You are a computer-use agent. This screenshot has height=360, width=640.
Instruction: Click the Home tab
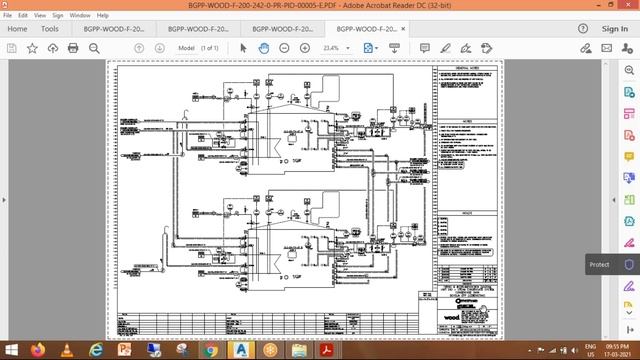click(x=17, y=29)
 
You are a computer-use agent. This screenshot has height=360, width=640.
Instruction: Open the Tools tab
click(x=50, y=29)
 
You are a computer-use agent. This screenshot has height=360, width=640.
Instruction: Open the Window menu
click(x=81, y=16)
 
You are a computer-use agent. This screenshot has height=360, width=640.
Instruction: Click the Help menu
click(x=103, y=16)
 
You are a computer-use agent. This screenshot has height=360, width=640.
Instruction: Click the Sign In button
click(x=615, y=29)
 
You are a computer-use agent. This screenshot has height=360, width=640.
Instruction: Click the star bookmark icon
click(x=32, y=48)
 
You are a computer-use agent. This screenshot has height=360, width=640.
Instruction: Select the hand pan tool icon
click(x=263, y=48)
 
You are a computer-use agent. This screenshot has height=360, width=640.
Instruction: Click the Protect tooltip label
click(x=599, y=264)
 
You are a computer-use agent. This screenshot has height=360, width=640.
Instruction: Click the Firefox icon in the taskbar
click(x=39, y=351)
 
